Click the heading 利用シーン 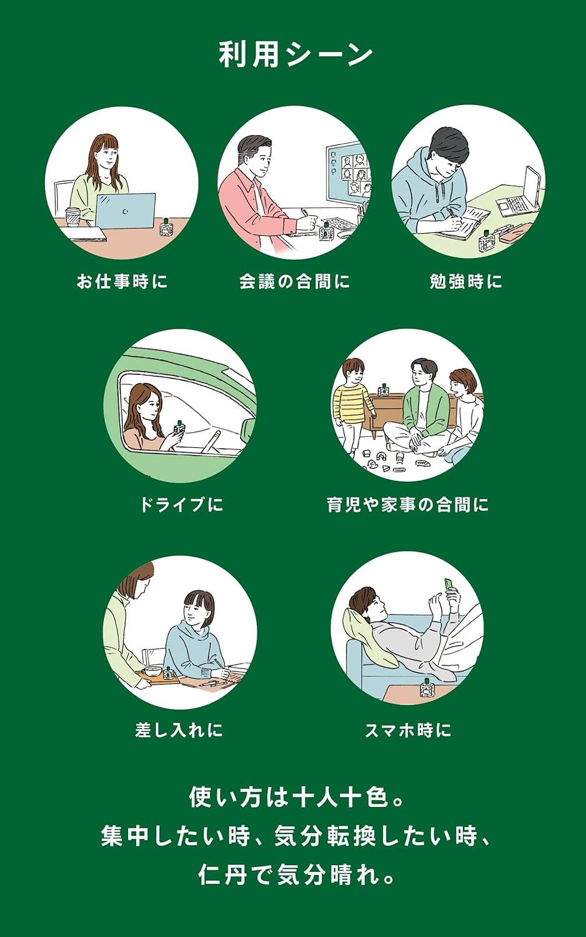[295, 55]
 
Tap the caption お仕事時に [122, 282]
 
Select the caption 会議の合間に [294, 282]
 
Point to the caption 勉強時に [466, 282]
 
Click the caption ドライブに [181, 505]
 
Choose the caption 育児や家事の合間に [407, 505]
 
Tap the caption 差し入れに [179, 730]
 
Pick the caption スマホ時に [408, 730]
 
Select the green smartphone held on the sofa [448, 587]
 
